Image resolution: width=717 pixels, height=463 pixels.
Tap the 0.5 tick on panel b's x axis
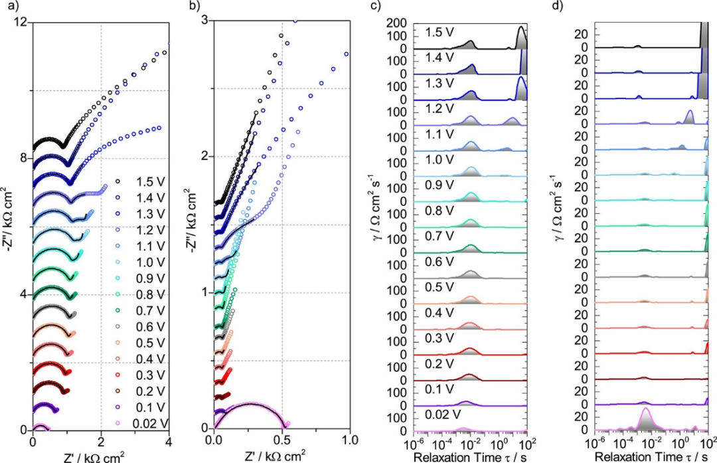pos(282,440)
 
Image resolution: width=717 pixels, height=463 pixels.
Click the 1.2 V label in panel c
pos(439,109)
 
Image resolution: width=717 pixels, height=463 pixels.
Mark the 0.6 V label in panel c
pos(439,261)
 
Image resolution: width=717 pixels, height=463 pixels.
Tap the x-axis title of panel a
pos(100,456)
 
